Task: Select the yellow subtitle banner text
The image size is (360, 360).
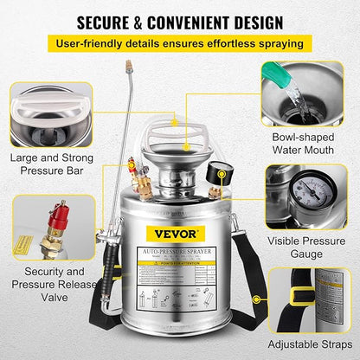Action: tap(179, 42)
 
